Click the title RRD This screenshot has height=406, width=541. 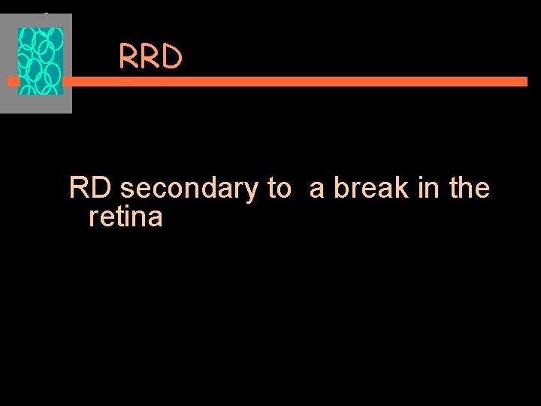pyautogui.click(x=150, y=57)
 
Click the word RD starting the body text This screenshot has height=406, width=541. pyautogui.click(x=91, y=188)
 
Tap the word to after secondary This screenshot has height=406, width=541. pyautogui.click(x=278, y=189)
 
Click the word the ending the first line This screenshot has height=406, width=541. pyautogui.click(x=469, y=188)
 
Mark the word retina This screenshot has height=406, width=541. pyautogui.click(x=125, y=217)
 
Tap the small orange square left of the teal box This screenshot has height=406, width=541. pyautogui.click(x=13, y=81)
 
